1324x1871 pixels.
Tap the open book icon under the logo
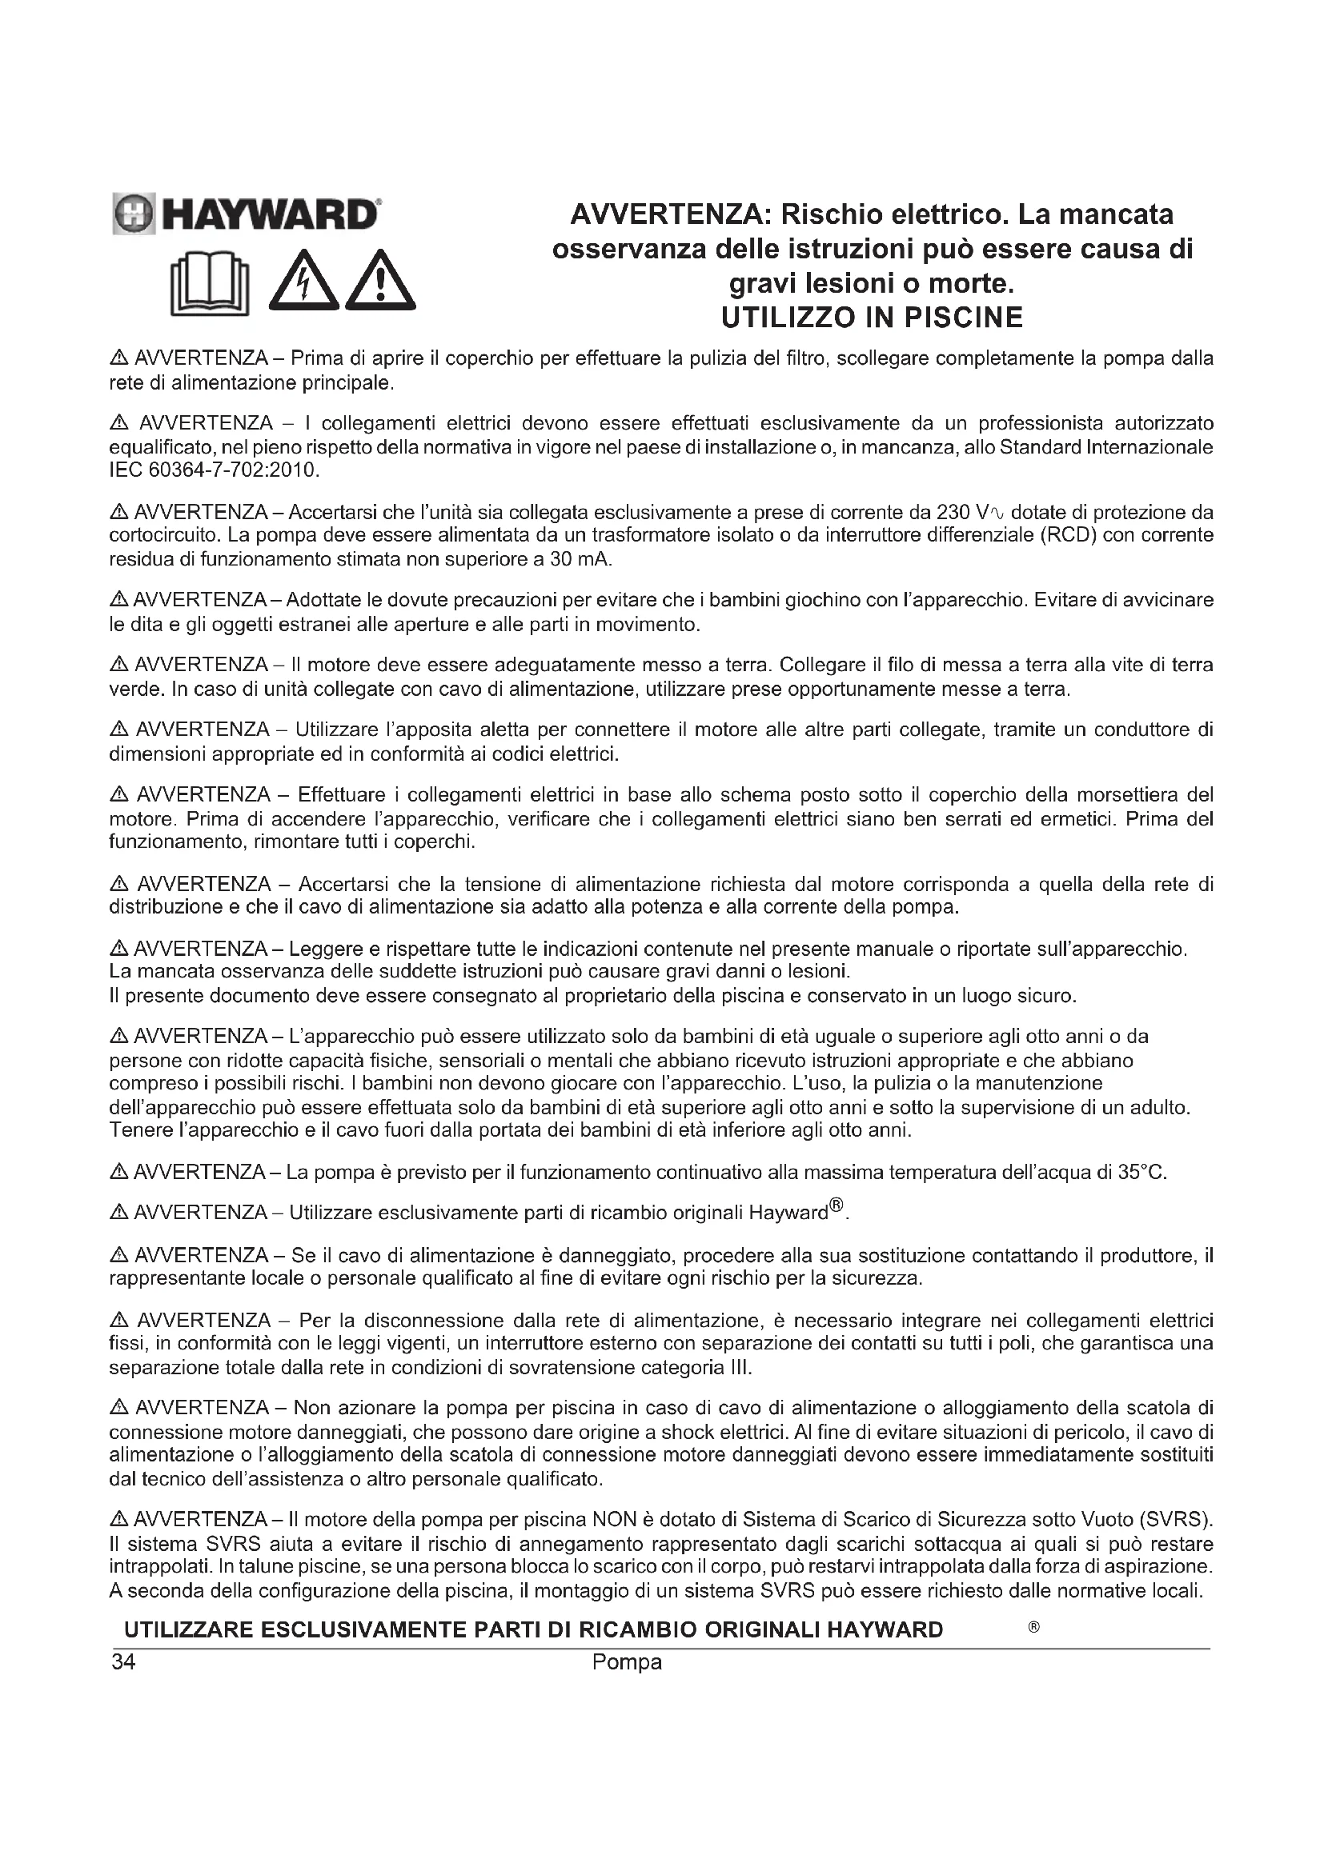point(210,285)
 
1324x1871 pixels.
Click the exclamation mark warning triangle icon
point(380,282)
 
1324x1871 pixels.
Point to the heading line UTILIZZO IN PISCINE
point(872,317)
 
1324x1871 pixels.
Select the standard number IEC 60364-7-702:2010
point(215,470)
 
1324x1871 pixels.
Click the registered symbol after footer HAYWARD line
point(1033,1627)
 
